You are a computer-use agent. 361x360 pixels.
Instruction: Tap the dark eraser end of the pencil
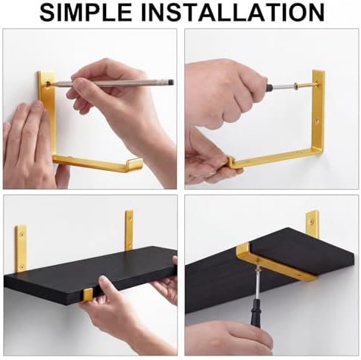tap(170, 82)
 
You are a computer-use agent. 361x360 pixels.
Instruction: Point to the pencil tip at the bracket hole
tap(50, 85)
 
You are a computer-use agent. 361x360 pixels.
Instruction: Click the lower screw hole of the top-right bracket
tap(318, 121)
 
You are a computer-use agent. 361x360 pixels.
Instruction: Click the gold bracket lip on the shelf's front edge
tap(88, 294)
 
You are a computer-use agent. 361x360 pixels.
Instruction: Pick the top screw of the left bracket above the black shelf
tap(22, 234)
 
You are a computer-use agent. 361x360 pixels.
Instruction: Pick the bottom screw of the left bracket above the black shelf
tap(21, 266)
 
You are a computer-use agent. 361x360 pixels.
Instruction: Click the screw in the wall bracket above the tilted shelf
tap(312, 222)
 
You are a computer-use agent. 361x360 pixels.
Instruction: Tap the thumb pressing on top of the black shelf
tap(105, 284)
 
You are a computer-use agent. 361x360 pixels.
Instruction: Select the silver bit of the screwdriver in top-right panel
tap(283, 87)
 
